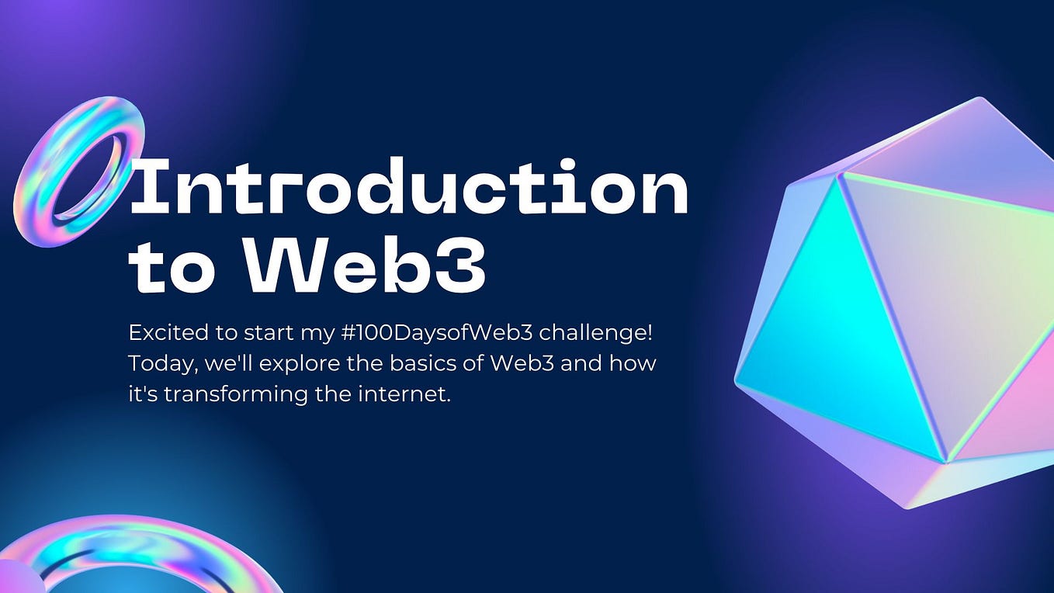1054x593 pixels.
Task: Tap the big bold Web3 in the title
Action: tap(365, 264)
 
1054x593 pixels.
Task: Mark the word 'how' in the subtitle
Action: tap(638, 363)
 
